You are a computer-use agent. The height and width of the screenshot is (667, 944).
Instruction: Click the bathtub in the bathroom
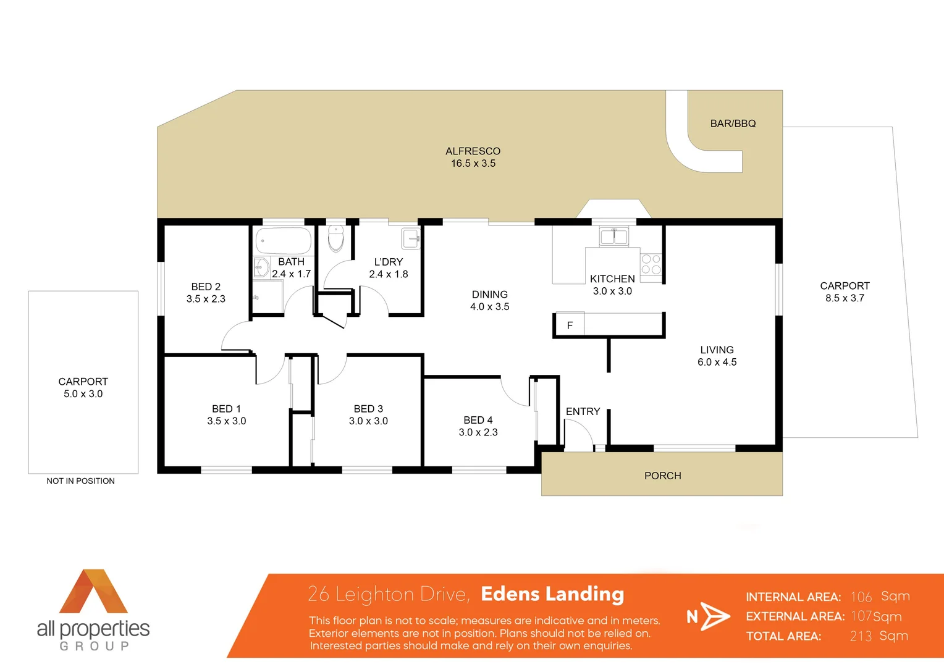(x=284, y=241)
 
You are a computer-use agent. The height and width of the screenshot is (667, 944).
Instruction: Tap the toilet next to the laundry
(x=335, y=238)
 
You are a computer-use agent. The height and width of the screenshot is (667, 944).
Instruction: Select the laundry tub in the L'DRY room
(x=411, y=238)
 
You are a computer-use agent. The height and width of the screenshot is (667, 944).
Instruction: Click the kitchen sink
(x=613, y=236)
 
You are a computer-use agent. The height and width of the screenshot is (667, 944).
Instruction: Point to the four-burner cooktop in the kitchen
(x=651, y=264)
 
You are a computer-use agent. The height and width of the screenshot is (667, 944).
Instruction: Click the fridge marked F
(x=570, y=325)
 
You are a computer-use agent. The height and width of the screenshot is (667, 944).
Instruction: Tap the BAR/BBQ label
(x=733, y=124)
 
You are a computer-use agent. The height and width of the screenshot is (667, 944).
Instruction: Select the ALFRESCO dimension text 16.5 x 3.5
(x=473, y=164)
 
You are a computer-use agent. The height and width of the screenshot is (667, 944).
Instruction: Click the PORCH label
(x=662, y=476)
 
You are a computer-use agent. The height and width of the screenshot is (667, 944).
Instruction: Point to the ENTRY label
(x=583, y=411)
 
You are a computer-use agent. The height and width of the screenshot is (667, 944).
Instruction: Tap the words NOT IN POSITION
(x=80, y=481)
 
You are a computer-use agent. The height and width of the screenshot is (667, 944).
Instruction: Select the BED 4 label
(x=478, y=420)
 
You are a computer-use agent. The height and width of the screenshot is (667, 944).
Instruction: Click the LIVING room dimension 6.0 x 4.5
(x=717, y=363)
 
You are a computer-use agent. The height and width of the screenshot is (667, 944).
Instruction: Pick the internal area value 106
(x=861, y=597)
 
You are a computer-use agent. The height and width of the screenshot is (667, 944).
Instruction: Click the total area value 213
(x=861, y=636)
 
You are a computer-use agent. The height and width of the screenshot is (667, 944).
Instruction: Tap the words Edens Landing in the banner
(x=552, y=594)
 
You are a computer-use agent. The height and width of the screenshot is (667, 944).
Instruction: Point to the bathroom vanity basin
(x=261, y=267)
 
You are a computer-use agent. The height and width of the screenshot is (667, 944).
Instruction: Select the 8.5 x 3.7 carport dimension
(x=845, y=298)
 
